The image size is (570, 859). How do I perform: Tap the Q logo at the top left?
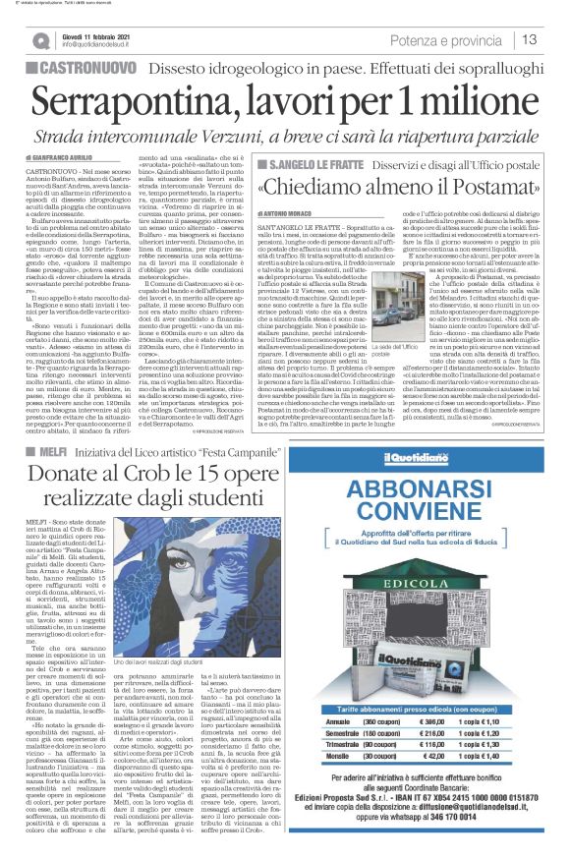39,40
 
